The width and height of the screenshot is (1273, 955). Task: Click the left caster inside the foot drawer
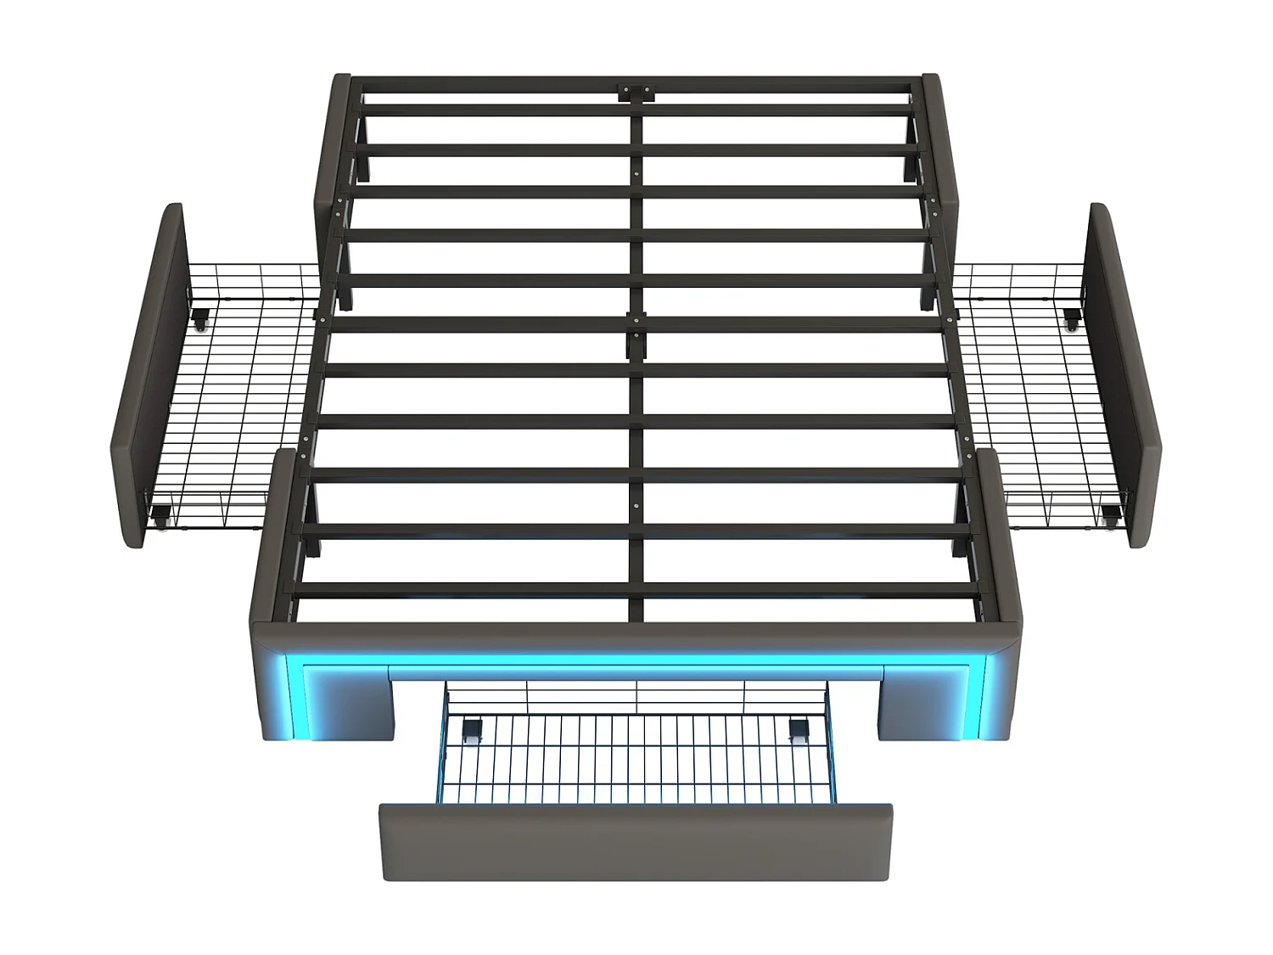tap(470, 730)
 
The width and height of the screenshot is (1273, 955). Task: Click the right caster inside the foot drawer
tap(799, 730)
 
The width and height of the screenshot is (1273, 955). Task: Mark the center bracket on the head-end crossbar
tap(636, 92)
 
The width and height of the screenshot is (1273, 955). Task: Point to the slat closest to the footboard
tap(636, 589)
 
